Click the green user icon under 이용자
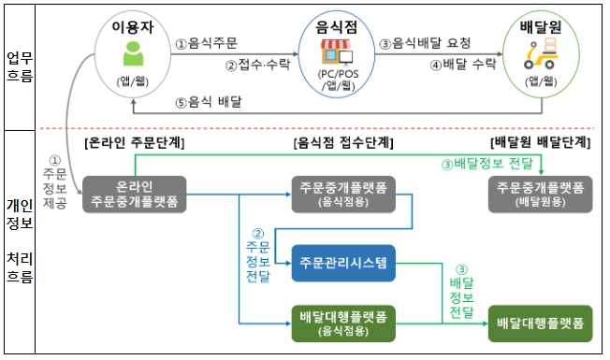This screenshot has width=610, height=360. pyautogui.click(x=133, y=53)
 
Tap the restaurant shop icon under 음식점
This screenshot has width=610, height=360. pyautogui.click(x=337, y=51)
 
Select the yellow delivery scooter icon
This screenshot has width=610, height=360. pyautogui.click(x=541, y=53)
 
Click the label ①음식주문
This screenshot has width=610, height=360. pyautogui.click(x=206, y=43)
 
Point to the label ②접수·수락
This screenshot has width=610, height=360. pyautogui.click(x=258, y=65)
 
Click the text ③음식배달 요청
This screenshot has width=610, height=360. pyautogui.click(x=425, y=43)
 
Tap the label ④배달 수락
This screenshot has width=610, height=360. pyautogui.click(x=463, y=65)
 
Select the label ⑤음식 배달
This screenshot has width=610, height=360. pyautogui.click(x=209, y=102)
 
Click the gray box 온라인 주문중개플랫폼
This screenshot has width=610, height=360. pyautogui.click(x=134, y=194)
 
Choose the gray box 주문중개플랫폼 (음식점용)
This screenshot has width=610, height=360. pyautogui.click(x=343, y=194)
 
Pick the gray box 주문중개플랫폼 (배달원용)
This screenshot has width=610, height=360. pyautogui.click(x=541, y=194)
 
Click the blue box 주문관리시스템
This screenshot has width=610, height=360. pyautogui.click(x=343, y=263)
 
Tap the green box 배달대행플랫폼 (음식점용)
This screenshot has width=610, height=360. pyautogui.click(x=343, y=324)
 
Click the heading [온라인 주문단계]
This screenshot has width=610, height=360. pyautogui.click(x=134, y=143)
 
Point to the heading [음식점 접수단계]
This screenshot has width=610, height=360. pyautogui.click(x=343, y=143)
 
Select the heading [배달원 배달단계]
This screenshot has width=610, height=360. pyautogui.click(x=541, y=143)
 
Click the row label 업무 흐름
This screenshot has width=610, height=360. pyautogui.click(x=20, y=67)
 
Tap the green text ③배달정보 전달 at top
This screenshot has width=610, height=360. pyautogui.click(x=487, y=164)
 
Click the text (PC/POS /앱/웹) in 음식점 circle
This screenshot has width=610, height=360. pyautogui.click(x=338, y=79)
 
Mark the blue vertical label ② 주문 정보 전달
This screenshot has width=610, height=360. pyautogui.click(x=258, y=256)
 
